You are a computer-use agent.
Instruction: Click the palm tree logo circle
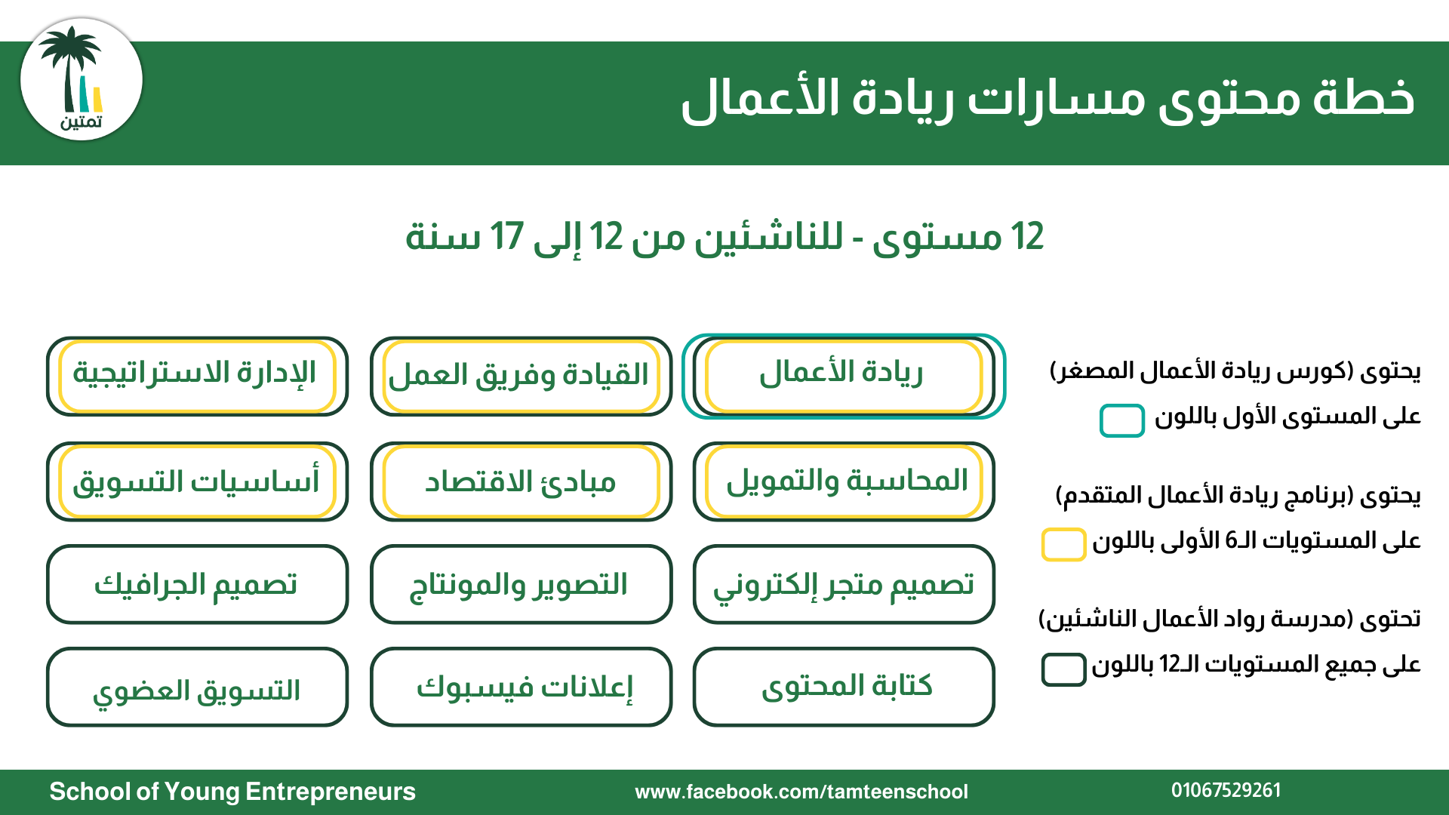82,80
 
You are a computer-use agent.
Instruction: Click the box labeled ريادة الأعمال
843,375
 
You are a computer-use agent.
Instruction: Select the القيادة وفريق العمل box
521,375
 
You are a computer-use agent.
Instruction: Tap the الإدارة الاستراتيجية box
197,375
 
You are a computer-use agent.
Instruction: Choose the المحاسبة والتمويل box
843,481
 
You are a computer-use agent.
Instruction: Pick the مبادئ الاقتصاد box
521,481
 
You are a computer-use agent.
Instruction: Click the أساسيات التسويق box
197,481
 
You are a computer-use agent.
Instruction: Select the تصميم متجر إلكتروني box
843,584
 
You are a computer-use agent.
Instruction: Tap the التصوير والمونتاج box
521,584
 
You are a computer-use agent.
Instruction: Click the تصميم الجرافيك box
197,584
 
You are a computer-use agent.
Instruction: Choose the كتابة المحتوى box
843,687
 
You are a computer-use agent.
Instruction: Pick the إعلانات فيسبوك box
521,687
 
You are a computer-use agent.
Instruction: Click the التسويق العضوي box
197,687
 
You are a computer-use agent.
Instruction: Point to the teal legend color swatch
1121,420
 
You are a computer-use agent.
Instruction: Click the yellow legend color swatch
1063,544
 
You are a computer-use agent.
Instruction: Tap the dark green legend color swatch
1063,669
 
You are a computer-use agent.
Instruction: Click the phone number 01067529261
1226,790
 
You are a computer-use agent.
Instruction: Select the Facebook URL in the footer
801,792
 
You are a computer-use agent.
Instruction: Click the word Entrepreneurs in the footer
331,792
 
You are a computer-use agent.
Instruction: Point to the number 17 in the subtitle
506,237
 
